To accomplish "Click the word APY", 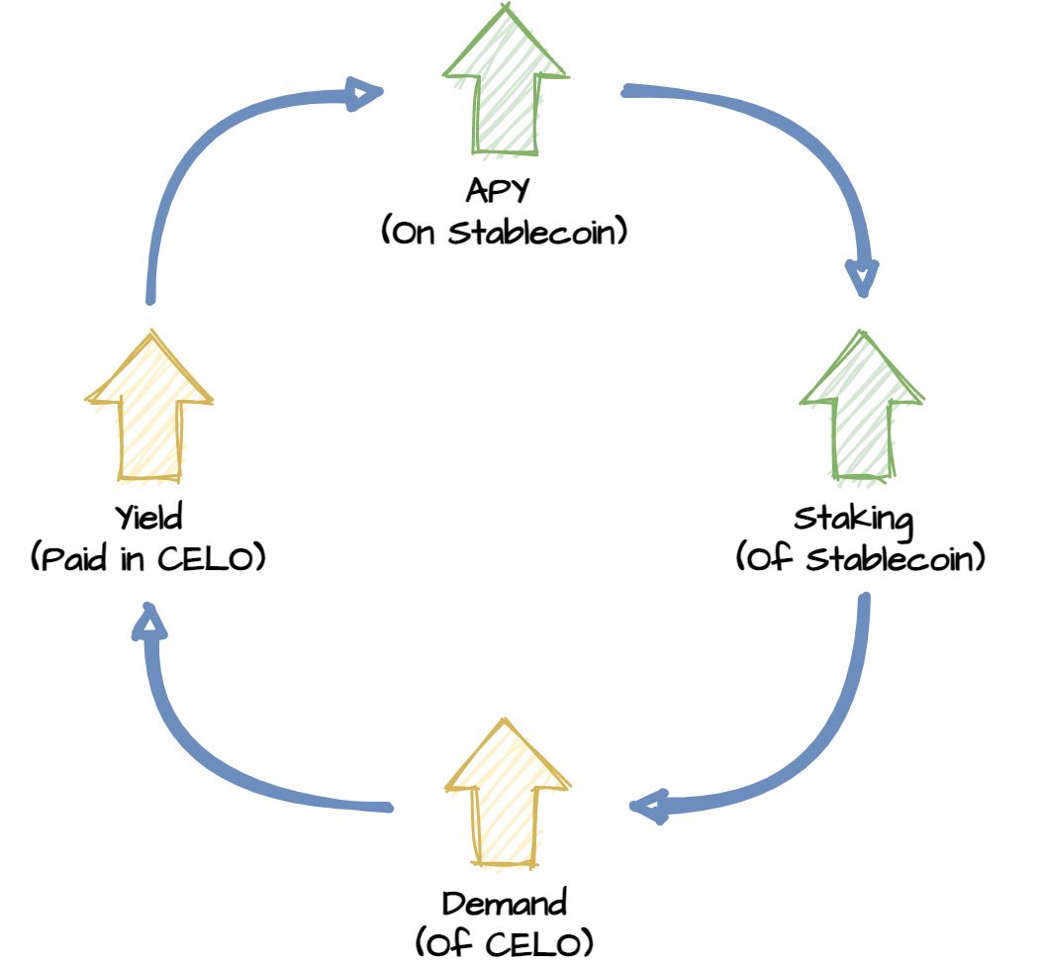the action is click(x=498, y=191).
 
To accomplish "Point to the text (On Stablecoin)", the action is click(x=505, y=232).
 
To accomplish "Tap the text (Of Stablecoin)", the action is click(x=861, y=557).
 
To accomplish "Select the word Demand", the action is click(x=505, y=904).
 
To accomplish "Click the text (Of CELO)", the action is click(x=505, y=942).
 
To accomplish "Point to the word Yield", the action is click(x=148, y=517).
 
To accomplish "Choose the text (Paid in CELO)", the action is click(x=148, y=557).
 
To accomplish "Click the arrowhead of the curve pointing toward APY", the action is click(x=365, y=94).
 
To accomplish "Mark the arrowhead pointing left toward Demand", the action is click(x=648, y=807).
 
